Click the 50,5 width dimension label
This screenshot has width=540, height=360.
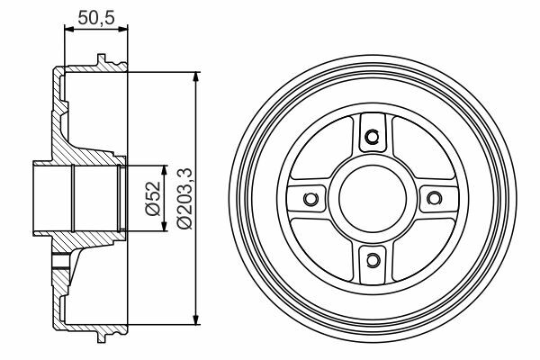click(96, 18)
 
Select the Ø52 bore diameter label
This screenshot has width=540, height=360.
click(153, 198)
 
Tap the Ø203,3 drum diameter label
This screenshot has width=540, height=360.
click(184, 198)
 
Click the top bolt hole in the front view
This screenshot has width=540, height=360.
click(372, 137)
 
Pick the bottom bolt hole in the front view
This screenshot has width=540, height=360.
click(372, 259)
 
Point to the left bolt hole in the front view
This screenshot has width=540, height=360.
click(310, 198)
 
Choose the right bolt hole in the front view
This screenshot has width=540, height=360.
click(434, 198)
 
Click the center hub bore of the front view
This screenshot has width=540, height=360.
click(373, 198)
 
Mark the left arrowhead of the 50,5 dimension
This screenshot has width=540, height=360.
click(69, 30)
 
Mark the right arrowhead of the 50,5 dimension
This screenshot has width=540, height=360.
click(123, 30)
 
